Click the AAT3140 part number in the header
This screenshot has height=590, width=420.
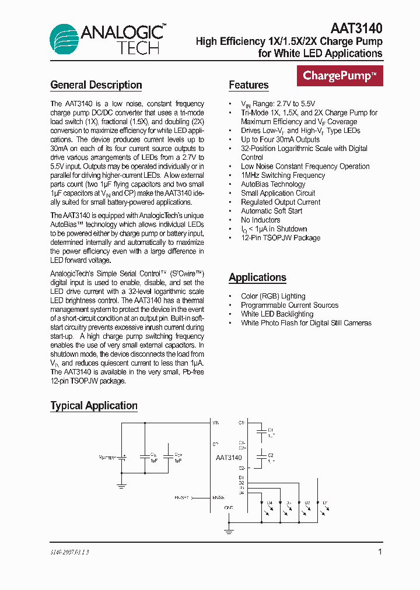click(x=356, y=28)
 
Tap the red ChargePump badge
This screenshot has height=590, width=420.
click(x=339, y=76)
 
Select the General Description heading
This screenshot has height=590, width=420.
click(x=96, y=85)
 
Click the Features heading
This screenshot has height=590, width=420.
click(x=249, y=85)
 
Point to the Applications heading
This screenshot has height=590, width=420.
click(x=257, y=278)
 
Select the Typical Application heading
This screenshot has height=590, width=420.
click(x=94, y=406)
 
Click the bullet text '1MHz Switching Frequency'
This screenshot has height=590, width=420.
click(x=283, y=175)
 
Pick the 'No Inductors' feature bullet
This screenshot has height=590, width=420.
click(x=260, y=220)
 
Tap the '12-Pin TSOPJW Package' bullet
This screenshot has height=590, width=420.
click(x=281, y=238)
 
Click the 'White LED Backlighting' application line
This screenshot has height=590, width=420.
click(x=277, y=314)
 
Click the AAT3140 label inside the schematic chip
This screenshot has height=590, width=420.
click(x=229, y=458)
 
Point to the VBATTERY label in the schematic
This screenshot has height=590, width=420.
click(x=107, y=458)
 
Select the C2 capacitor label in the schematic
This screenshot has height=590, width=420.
click(x=271, y=455)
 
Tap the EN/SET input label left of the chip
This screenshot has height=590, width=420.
click(x=183, y=498)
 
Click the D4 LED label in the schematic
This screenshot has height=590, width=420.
click(x=269, y=502)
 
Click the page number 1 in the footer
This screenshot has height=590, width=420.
click(x=380, y=552)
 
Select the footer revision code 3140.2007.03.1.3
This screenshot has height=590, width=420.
click(x=69, y=552)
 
